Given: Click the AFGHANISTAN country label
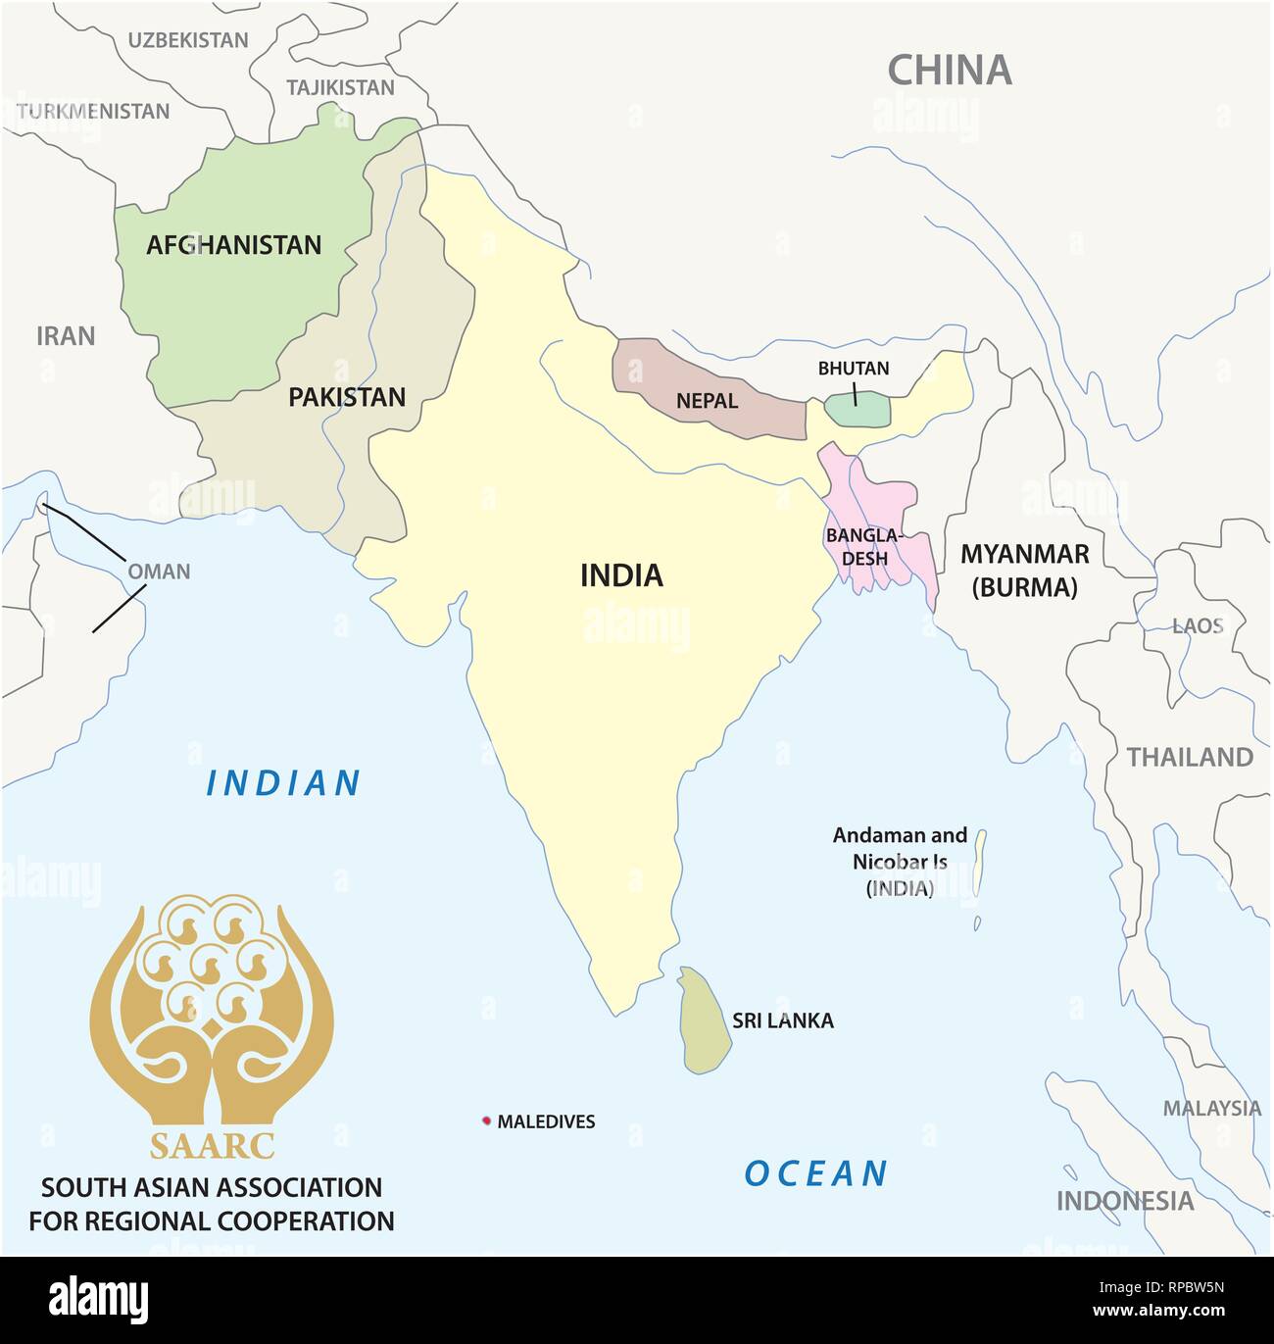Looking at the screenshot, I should point(233,245).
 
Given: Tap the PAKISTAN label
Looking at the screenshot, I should point(346,397).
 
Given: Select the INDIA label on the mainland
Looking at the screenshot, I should point(621,575).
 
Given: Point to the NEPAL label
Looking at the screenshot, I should point(707,401).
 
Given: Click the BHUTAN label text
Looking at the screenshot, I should point(854,369).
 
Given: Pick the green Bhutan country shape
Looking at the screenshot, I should point(857,410).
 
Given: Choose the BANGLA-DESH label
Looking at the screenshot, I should point(862,547).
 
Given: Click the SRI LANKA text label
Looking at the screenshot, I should point(783,1020).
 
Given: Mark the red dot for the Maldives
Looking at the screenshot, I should point(486,1121).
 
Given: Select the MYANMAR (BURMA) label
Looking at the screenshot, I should point(1024,571).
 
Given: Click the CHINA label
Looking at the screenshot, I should point(949,71).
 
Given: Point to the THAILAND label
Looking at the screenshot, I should point(1189,757).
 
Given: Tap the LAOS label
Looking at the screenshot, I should point(1198,625).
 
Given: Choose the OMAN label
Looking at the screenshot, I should point(159,572).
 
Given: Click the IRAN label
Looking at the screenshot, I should point(66,336).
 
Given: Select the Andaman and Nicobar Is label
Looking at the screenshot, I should point(899,862).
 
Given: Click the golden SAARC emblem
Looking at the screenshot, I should point(212,1010).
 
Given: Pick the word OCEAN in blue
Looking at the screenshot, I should point(815,1173).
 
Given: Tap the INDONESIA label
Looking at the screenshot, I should point(1124,1201).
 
